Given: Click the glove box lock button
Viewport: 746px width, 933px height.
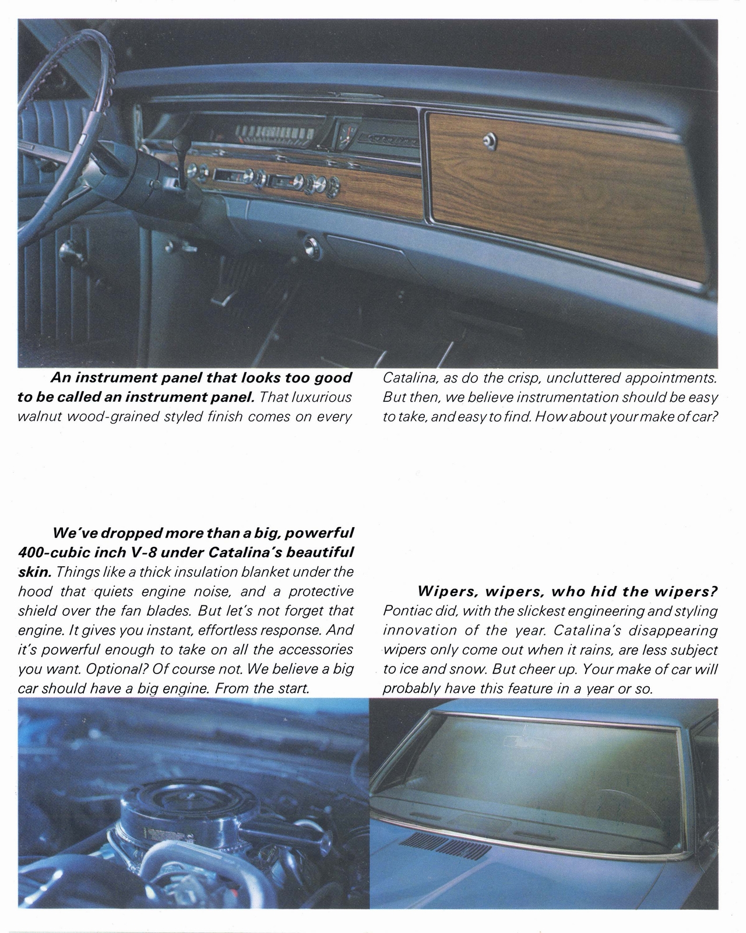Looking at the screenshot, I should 490,139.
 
